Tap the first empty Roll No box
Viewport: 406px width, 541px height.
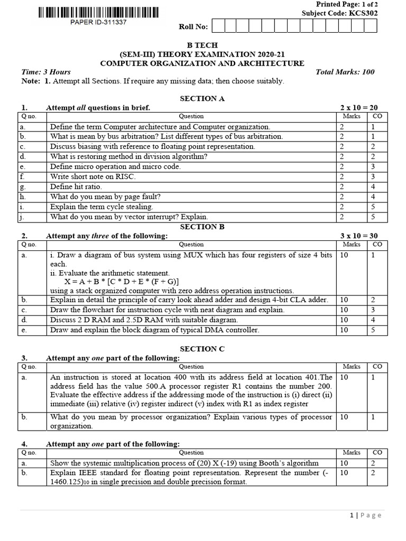217,26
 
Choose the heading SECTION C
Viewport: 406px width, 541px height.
202,349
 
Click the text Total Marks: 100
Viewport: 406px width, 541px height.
345,72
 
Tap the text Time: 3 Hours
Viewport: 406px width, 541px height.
45,72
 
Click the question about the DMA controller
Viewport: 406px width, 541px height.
154,330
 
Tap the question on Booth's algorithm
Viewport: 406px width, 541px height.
184,463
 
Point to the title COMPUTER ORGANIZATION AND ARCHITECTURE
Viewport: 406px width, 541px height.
202,63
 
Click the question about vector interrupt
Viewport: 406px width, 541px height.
129,217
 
